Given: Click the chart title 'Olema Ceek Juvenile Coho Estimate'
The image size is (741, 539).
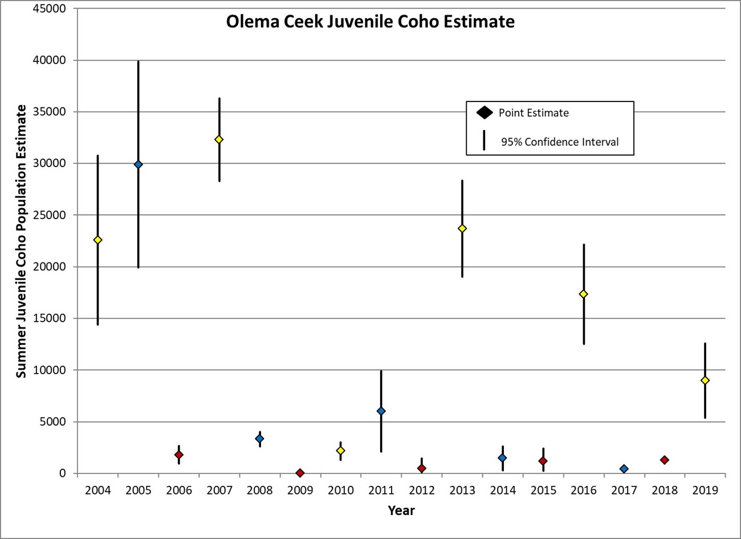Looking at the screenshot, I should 370,22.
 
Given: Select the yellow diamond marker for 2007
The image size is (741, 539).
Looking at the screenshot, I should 219,140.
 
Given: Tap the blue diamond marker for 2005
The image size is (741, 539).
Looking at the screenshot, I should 138,164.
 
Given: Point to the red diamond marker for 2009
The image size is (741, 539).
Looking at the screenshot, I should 300,473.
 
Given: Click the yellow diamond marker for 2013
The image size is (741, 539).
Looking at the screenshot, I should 462,229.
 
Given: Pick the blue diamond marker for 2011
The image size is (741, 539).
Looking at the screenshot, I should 381,411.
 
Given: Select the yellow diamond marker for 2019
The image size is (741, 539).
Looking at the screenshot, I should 705,380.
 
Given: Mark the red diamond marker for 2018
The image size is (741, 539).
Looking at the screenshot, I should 664,460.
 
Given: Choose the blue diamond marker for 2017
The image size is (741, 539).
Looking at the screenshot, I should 624,469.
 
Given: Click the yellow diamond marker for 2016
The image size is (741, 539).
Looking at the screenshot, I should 583,294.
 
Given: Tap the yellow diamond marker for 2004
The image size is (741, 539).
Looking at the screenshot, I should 97,240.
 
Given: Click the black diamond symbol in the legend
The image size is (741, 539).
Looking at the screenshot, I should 484,113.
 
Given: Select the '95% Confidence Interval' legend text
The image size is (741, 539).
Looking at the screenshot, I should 560,142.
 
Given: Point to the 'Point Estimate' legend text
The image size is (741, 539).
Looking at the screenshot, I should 534,113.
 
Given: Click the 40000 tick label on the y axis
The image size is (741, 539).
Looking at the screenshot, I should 50,60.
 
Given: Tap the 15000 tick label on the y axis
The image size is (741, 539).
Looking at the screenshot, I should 50,318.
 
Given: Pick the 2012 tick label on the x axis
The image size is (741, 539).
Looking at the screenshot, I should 422,490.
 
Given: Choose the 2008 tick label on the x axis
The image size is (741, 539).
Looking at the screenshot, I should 259,490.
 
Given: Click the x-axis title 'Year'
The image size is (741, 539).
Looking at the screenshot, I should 401,510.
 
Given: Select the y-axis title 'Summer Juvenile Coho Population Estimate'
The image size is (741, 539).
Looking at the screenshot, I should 21,241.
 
